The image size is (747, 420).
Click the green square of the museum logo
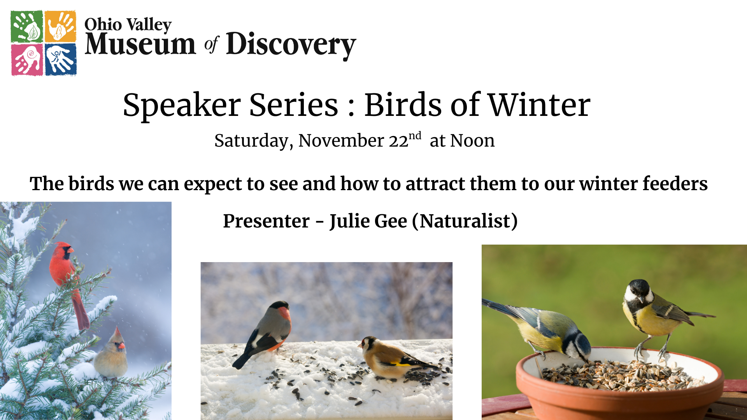tap(27, 26)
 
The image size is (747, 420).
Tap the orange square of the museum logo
tap(60, 26)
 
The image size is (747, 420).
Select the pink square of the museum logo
tap(27, 59)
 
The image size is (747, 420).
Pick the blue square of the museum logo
tap(61, 59)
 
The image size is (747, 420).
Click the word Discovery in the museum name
tap(291, 45)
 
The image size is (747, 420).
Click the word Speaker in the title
tap(182, 106)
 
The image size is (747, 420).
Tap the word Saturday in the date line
tap(254, 141)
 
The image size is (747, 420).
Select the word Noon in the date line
tap(472, 141)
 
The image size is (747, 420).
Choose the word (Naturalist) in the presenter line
tap(465, 221)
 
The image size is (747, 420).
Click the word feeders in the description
tap(675, 184)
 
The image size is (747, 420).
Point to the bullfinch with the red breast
tap(265, 332)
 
